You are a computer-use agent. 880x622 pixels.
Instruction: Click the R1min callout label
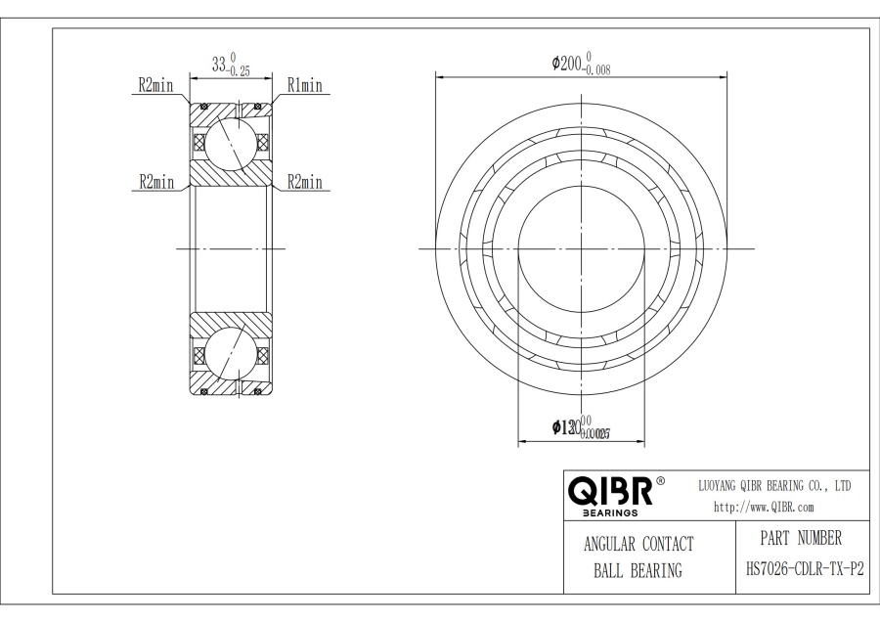[x=303, y=86]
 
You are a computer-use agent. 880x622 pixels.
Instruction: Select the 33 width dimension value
[x=221, y=65]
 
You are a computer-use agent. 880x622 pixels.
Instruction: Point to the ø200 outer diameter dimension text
[x=569, y=64]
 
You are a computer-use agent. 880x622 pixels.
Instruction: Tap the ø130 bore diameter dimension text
[x=568, y=427]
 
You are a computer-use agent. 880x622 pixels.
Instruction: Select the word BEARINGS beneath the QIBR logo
[x=610, y=511]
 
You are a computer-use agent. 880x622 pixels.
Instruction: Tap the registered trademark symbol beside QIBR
[x=660, y=482]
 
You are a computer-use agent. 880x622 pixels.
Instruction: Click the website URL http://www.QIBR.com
[x=765, y=507]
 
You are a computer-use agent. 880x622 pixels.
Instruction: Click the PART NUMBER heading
[x=800, y=539]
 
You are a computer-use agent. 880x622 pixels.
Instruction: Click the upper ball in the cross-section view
[x=231, y=141]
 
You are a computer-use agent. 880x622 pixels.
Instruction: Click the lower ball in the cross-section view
[x=231, y=356]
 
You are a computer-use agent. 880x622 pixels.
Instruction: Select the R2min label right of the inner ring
[x=305, y=182]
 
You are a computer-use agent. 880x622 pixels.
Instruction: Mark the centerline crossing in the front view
[x=582, y=248]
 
